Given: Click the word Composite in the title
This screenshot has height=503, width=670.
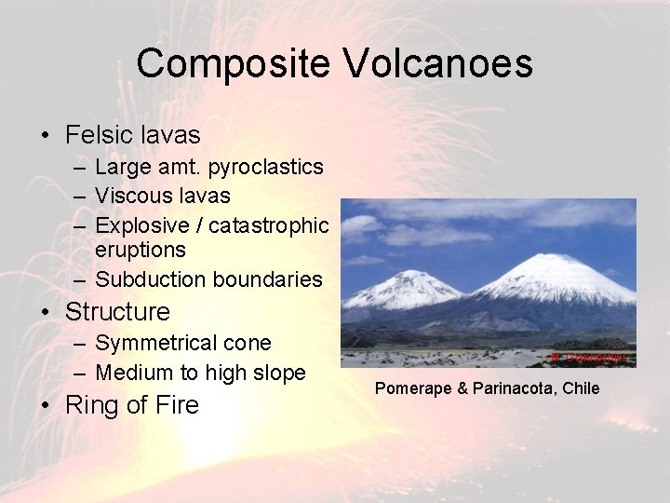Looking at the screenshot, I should coord(233,64).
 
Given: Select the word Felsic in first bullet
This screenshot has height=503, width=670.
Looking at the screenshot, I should coord(98,135).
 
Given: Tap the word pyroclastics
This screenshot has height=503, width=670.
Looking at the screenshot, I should coord(266,168).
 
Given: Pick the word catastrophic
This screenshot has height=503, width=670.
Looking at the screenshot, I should coord(269,225).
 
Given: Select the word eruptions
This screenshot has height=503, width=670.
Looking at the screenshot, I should coord(141,251).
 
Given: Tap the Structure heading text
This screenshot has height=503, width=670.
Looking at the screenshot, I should coord(118,312).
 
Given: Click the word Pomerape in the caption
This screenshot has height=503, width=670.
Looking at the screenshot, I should coord(410,388).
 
